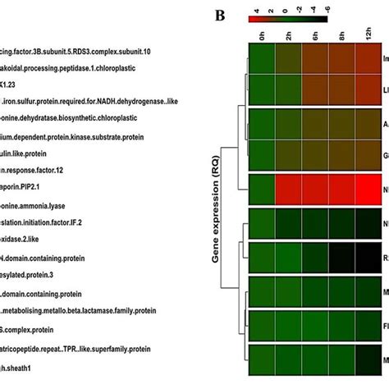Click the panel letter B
221,16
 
